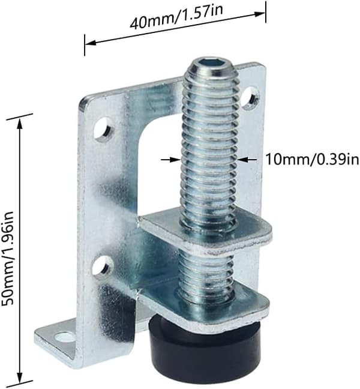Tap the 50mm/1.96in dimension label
pos(7,259)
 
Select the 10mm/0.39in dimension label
pos(313,159)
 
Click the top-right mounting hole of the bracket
pos(251,97)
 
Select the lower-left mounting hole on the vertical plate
pos(103,267)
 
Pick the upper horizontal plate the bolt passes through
pos(206,233)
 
